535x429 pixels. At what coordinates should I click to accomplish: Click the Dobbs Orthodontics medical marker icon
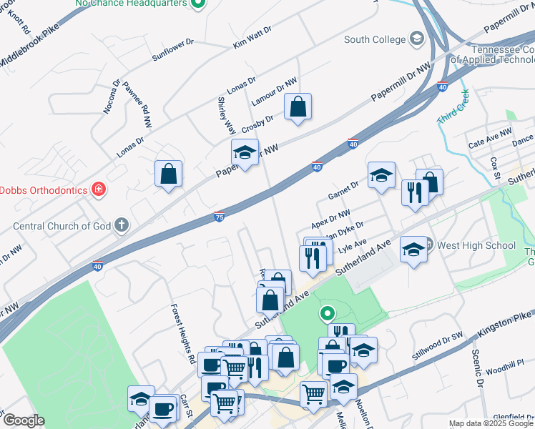point(99,189)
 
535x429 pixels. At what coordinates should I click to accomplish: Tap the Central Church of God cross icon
point(122,226)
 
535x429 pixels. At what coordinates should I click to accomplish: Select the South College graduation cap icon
point(416,39)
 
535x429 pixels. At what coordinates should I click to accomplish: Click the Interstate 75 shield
point(219,217)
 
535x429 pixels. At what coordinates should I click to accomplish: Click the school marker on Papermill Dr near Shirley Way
point(245,152)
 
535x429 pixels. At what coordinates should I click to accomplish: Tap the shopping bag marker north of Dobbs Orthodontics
point(168,174)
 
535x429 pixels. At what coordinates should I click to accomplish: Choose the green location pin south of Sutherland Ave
point(327,312)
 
